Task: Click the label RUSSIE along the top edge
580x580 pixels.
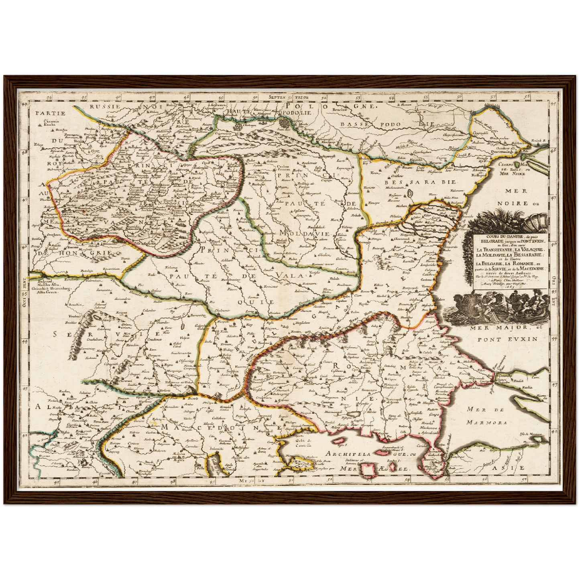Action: (105, 106)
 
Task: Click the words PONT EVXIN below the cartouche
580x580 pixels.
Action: (507, 339)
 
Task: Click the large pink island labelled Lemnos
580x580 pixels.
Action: (367, 470)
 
